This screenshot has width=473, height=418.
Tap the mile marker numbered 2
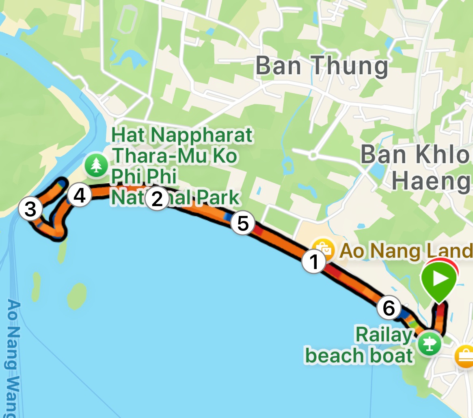coord(157,199)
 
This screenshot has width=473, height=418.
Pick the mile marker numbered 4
coord(79,196)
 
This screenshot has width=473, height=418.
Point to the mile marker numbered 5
coord(242,223)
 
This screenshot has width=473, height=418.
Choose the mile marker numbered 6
coord(389,308)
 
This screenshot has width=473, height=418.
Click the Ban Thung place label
coord(322,66)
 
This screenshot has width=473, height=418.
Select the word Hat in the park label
coord(129,136)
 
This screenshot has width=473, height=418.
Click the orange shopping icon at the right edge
coord(465,357)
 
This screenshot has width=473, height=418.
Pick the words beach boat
coord(359,356)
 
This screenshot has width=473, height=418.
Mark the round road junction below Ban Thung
coord(313,155)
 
